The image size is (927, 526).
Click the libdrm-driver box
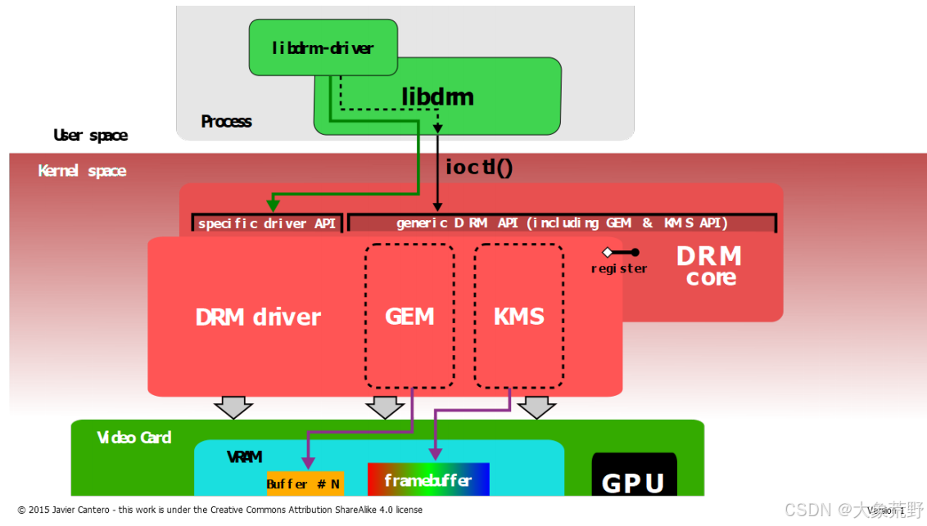coord(323,48)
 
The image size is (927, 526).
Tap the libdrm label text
coord(437,97)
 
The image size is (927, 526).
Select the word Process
coord(226,122)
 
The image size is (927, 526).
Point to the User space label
coord(90,135)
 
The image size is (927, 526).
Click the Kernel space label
coord(82,171)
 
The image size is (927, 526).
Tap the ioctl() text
coord(478,167)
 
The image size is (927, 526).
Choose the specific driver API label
coord(267,223)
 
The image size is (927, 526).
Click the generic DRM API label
coord(562,223)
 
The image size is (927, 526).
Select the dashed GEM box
coord(409,316)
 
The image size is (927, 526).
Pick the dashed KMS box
coord(519,316)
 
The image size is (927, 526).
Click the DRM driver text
coord(258,317)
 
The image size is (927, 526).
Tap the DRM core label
coord(710,266)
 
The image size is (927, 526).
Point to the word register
coord(619,268)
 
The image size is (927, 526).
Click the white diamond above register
coord(608,252)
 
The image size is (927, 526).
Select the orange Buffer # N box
coord(305,483)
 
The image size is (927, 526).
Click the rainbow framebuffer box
coord(427,479)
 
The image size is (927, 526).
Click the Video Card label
coord(134,438)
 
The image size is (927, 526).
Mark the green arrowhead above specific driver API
coord(273,205)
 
